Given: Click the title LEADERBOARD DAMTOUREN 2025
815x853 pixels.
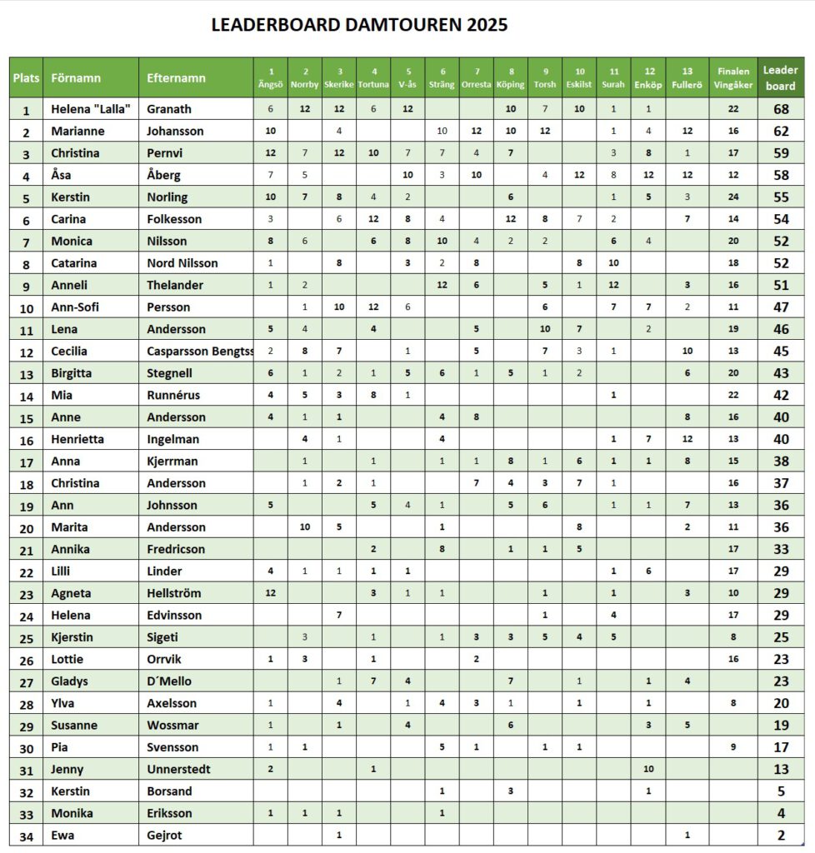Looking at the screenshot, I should pos(359,25).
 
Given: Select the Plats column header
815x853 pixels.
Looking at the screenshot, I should pos(26,77).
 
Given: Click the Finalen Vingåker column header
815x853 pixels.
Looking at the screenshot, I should pos(732,77).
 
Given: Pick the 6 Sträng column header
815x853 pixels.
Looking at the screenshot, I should pos(442,77).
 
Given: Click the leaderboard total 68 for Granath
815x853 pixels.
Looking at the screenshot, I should pos(781,109).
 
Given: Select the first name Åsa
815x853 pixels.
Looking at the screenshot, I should pos(62,175).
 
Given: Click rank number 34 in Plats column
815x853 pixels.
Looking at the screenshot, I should pos(26,835).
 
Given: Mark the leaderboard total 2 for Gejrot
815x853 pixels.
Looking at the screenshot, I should pos(781,835).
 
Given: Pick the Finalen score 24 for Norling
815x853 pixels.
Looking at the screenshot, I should pos(732,197).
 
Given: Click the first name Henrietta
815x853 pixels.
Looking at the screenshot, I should pos(77,439).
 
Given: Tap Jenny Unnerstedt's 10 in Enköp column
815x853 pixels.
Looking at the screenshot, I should pos(647,769).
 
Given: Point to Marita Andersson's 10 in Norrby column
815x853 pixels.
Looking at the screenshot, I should pos(305,526).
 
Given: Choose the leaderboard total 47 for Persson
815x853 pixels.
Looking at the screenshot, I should pos(781,307).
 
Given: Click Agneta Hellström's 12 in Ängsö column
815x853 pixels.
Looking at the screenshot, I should pos(270,593).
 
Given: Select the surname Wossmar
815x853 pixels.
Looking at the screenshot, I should pos(172,725).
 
